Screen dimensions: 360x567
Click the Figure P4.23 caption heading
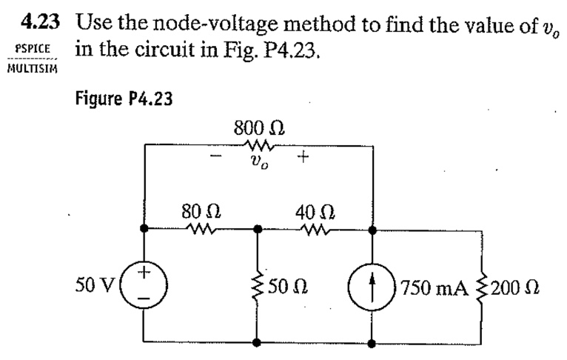tap(124, 99)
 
